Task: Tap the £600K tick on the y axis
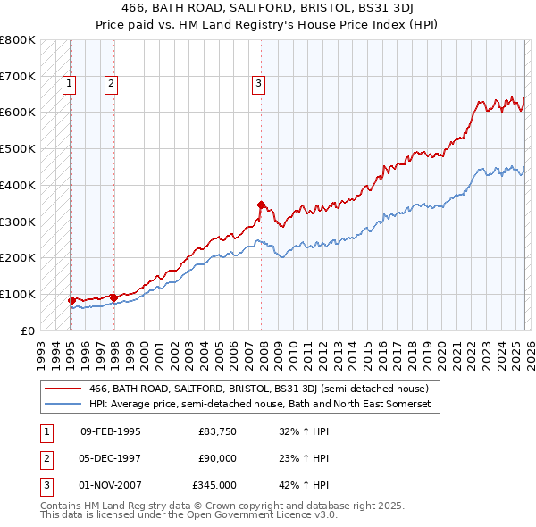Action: (18, 113)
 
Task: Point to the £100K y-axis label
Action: (18, 294)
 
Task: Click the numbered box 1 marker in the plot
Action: (70, 85)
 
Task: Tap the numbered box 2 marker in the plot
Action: (111, 85)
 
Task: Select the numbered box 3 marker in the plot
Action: (258, 85)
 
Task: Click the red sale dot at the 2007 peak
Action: (261, 205)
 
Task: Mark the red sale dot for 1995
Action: (71, 300)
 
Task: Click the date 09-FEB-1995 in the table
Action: (110, 431)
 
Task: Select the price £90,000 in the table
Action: (217, 458)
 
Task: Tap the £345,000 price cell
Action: (214, 485)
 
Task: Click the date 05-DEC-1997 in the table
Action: (110, 458)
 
